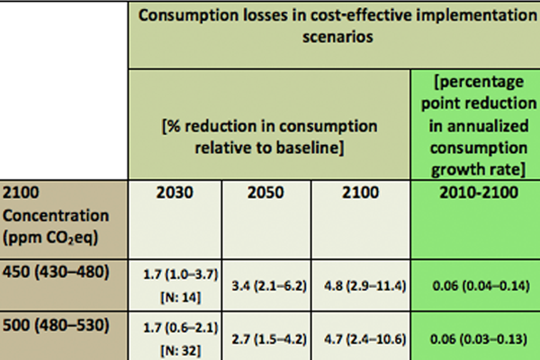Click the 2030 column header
pos(175,193)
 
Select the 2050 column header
pos(265,193)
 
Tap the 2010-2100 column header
pos(479,193)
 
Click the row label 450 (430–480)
pos(56,272)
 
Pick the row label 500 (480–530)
pos(56,325)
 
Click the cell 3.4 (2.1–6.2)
pos(269,286)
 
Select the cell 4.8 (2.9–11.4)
pos(365,286)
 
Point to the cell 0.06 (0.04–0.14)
pos(481,286)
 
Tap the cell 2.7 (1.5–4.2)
pos(269,339)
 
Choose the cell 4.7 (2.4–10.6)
pos(365,339)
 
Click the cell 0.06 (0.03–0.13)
pos(479,339)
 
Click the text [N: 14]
pos(181,298)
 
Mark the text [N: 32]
pos(181,351)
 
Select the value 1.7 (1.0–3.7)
pos(181,274)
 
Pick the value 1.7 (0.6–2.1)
pos(181,328)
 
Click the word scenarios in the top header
pos(337,37)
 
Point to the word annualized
pos(479,126)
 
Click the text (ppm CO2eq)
pos(50,238)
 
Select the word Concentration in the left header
pos(56,216)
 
